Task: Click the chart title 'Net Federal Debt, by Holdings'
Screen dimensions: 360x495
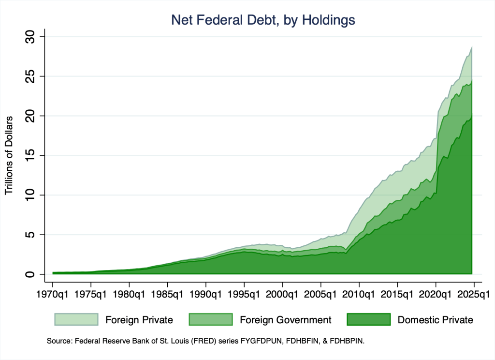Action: (263, 20)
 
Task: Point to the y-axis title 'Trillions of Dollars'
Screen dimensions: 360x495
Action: (9, 155)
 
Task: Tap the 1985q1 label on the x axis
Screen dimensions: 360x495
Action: (167, 294)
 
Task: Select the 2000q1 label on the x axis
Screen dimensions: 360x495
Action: (282, 294)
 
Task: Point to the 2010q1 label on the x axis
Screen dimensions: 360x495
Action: (359, 294)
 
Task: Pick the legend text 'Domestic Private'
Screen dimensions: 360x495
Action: (435, 320)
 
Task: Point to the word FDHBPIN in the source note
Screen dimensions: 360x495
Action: (347, 341)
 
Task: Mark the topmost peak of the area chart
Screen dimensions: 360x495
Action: (471, 46)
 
